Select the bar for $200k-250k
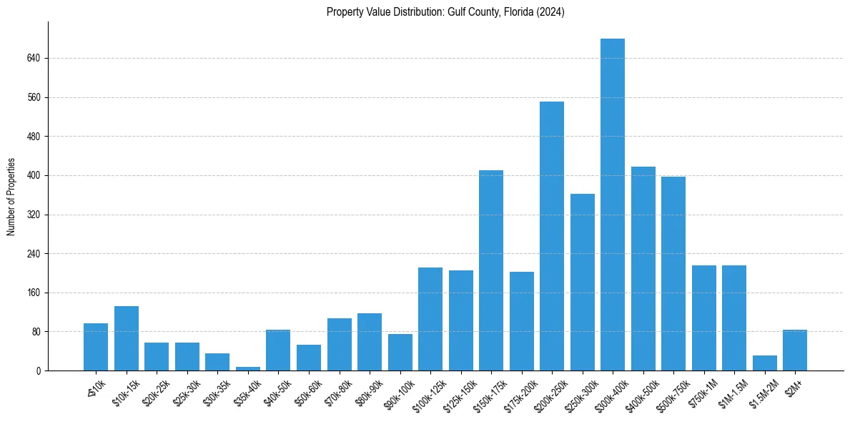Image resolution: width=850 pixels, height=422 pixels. pos(552,236)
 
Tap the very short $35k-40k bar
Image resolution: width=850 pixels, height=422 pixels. pos(247,368)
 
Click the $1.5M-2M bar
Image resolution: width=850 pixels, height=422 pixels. pos(764,363)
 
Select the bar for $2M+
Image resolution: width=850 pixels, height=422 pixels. pos(795,350)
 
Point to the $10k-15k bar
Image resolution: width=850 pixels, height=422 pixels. pos(127,338)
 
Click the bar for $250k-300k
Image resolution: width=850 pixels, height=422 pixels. pos(582,282)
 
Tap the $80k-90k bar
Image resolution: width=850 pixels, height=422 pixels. pos(370,342)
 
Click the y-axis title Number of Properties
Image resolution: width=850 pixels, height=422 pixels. pos(11,196)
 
